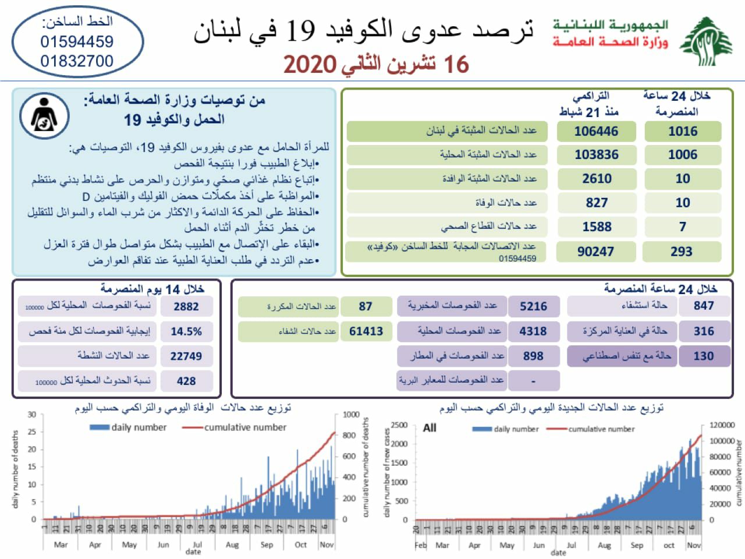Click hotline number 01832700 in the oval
pyautogui.click(x=77, y=61)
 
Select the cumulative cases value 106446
pyautogui.click(x=596, y=132)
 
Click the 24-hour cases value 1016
pyautogui.click(x=683, y=132)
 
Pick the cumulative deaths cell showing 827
pyautogui.click(x=597, y=203)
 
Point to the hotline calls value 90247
pyautogui.click(x=596, y=252)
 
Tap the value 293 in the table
pyautogui.click(x=682, y=252)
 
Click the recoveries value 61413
pyautogui.click(x=366, y=331)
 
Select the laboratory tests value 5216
pyautogui.click(x=533, y=306)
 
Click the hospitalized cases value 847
pyautogui.click(x=704, y=306)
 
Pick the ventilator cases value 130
pyautogui.click(x=704, y=356)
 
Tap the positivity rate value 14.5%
pyautogui.click(x=186, y=331)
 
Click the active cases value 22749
pyautogui.click(x=186, y=356)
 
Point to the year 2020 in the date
pyautogui.click(x=310, y=65)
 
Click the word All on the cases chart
pyautogui.click(x=430, y=428)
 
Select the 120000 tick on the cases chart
pyautogui.click(x=722, y=425)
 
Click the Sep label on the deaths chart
pyautogui.click(x=267, y=545)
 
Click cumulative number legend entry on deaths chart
pyautogui.click(x=245, y=427)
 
